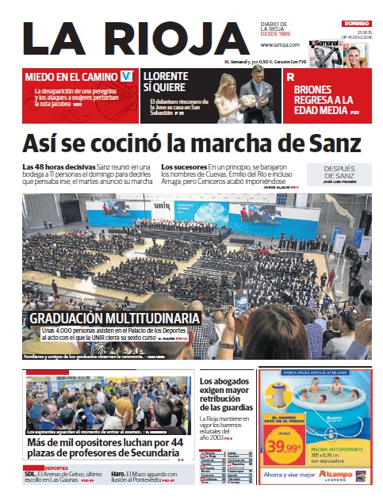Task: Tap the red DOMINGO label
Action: pos(356,24)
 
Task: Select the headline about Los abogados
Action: pos(226,392)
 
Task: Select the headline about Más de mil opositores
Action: pos(105,447)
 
